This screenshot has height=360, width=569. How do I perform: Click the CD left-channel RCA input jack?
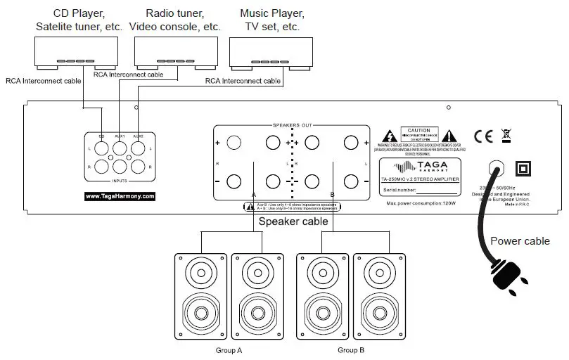[x=101, y=148]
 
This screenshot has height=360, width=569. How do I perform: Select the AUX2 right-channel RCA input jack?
[x=138, y=167]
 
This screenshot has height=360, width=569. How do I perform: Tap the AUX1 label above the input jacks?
[x=120, y=136]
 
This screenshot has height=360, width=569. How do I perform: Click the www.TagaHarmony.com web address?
[x=120, y=196]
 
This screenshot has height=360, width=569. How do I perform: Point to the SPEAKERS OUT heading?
[x=292, y=124]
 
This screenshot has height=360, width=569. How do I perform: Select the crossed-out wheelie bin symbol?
[x=505, y=136]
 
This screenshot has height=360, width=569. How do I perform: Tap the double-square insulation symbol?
[x=523, y=169]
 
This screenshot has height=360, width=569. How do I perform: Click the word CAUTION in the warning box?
[x=419, y=131]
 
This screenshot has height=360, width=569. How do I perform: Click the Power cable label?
[x=520, y=240]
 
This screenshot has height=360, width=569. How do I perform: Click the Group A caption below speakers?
[x=229, y=349]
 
